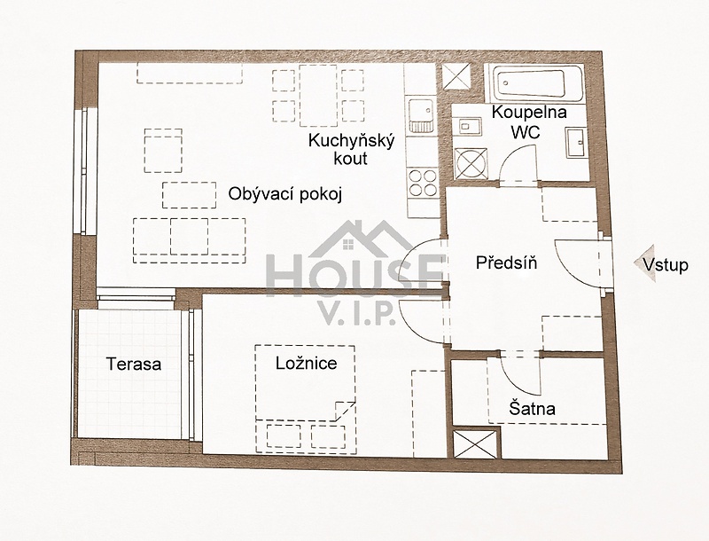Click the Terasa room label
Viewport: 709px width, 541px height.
[134, 365]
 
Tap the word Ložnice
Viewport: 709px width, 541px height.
[307, 363]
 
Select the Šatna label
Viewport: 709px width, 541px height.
[533, 408]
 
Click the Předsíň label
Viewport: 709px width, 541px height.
[506, 262]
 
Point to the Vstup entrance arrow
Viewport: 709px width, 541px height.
[645, 263]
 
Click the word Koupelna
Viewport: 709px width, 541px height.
[529, 112]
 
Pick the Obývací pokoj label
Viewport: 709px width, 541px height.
[284, 194]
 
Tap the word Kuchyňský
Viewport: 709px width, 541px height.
[351, 140]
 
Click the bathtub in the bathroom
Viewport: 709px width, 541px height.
[534, 82]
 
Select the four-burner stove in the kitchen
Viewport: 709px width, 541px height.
[423, 183]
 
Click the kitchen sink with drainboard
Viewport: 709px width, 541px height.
[421, 115]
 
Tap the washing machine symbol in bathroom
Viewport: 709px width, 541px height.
[471, 162]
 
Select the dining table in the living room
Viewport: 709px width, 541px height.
[318, 96]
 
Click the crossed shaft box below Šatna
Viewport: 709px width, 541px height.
[475, 444]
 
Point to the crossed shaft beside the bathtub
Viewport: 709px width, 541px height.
[456, 76]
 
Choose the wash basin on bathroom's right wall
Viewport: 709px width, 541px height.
[577, 142]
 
